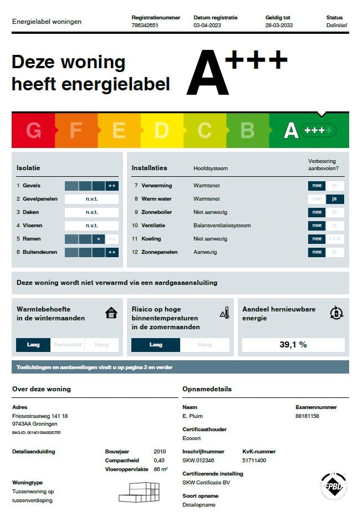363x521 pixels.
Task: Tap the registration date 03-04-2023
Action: coord(207,25)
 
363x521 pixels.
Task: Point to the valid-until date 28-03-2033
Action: coord(279,25)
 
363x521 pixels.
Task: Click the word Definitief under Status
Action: coord(336,25)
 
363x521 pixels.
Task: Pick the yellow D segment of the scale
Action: coord(161,130)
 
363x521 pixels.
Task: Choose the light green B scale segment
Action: coord(247,130)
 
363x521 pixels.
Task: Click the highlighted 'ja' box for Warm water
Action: coord(335,199)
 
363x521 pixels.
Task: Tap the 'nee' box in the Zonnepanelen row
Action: coord(317,252)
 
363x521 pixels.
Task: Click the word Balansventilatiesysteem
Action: coord(222,226)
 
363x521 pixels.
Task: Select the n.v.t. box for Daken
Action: coord(91,212)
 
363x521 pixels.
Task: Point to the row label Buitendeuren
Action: coord(39,252)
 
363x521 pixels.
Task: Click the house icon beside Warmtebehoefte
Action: coord(111,313)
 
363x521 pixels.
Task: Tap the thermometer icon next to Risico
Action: coord(224,313)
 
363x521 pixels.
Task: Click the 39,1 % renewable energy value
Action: coord(293,345)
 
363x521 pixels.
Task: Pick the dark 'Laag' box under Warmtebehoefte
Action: coord(33,345)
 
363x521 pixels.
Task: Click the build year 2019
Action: coord(160,452)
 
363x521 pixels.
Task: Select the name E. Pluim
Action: coord(192,416)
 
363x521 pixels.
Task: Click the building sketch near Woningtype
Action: coord(140,491)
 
